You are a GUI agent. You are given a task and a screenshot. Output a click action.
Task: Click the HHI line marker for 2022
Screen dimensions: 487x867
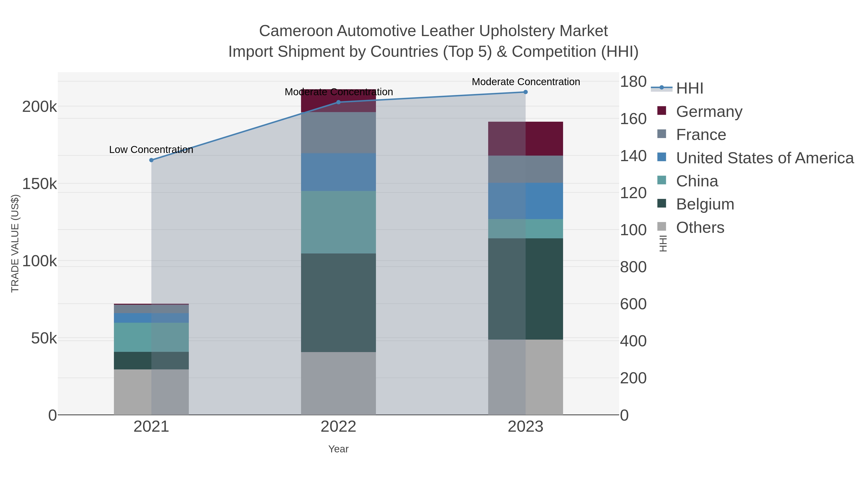pyautogui.click(x=338, y=102)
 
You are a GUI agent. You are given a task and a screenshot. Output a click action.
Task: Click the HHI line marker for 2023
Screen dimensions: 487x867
pyautogui.click(x=525, y=92)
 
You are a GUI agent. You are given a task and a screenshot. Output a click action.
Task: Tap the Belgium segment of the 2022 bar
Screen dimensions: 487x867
pyautogui.click(x=338, y=303)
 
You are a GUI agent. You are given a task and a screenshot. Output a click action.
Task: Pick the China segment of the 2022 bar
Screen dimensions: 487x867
pyautogui.click(x=338, y=222)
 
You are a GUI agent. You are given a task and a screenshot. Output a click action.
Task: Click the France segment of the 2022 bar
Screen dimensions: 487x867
pyautogui.click(x=338, y=133)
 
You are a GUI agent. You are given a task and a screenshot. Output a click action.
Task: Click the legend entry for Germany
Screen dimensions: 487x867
pyautogui.click(x=709, y=111)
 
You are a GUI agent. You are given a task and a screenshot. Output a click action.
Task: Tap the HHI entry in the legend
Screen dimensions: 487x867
pyautogui.click(x=689, y=88)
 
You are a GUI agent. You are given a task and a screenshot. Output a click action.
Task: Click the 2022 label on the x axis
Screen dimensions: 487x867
pyautogui.click(x=338, y=427)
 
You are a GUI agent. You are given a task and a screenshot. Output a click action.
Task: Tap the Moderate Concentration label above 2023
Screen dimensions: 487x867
pyautogui.click(x=526, y=82)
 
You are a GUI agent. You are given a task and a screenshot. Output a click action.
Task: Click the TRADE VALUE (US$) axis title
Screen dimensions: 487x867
pyautogui.click(x=15, y=243)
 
